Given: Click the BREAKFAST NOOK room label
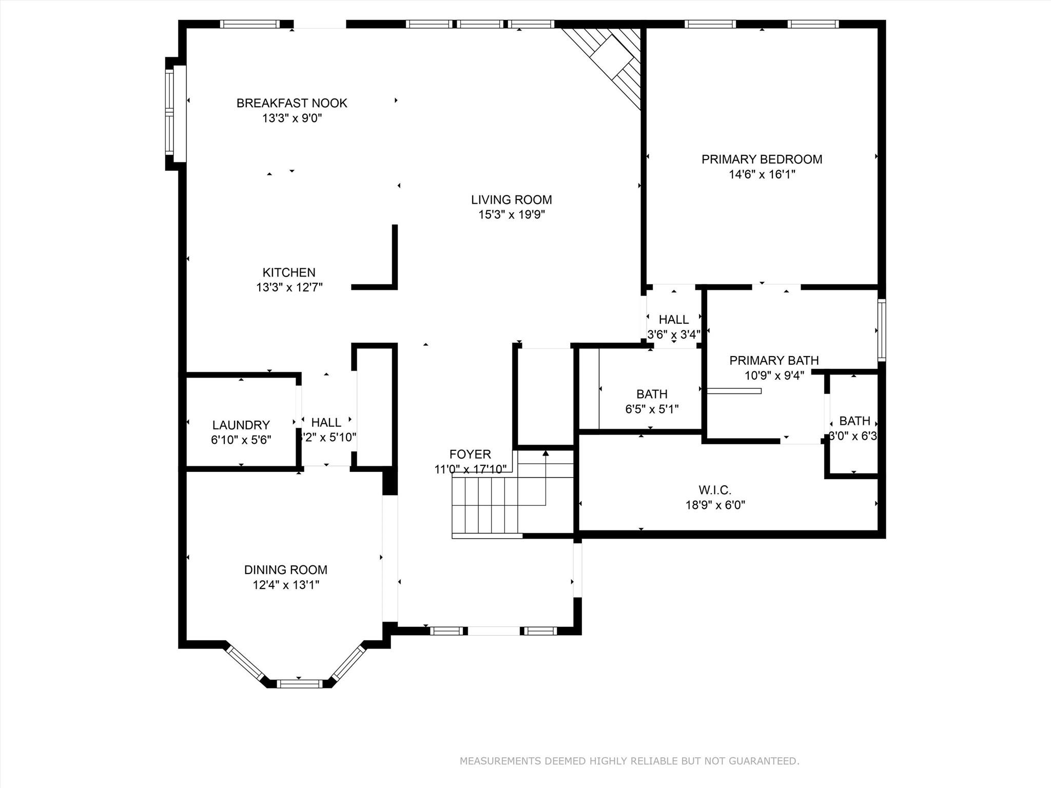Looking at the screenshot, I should pos(291,103).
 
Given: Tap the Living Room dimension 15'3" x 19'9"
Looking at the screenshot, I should pos(511,215).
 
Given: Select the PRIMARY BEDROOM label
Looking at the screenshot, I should pos(762,160).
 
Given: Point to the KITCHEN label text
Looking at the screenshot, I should pos(289,272).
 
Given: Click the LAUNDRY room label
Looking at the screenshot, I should pos(241,425).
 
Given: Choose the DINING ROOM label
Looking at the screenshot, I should pos(285,569).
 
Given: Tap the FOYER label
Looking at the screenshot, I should pos(470,454).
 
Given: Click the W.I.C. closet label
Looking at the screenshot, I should pos(715,490).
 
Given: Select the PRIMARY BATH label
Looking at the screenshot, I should pos(774,361).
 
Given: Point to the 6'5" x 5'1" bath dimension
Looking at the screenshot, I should pos(652,409).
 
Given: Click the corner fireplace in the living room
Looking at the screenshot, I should pos(611,62).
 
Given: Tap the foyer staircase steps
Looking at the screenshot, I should pos(485,505).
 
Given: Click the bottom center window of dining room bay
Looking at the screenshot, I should pos(299,683).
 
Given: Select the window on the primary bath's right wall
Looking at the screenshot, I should pos(881,330).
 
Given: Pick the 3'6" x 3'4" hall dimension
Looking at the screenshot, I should pos(673,335).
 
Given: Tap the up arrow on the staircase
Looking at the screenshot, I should pos(546,454).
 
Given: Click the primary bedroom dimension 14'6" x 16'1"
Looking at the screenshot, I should pos(762,174).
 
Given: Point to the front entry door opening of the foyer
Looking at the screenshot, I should pos(493,631).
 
